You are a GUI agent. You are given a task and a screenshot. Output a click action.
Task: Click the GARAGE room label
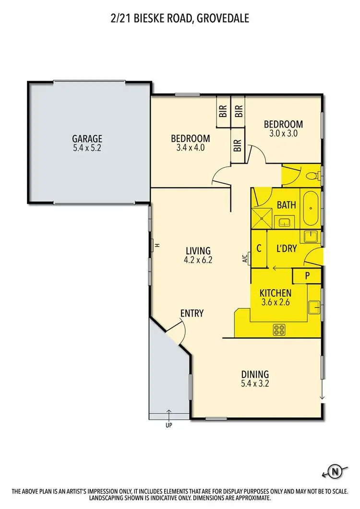(x=88, y=139)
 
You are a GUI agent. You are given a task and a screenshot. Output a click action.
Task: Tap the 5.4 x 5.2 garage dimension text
(x=88, y=148)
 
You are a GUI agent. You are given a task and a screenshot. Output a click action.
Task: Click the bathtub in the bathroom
(x=311, y=208)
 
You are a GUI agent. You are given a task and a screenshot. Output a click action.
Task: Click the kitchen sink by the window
(x=315, y=305)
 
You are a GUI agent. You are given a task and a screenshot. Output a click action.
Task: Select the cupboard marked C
(x=259, y=249)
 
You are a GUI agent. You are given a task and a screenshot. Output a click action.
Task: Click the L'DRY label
(x=287, y=249)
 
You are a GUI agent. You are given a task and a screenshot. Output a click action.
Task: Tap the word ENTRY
(x=192, y=313)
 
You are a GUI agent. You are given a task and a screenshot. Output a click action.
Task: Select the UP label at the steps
(x=169, y=425)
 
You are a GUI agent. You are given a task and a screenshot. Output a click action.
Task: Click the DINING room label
(x=255, y=374)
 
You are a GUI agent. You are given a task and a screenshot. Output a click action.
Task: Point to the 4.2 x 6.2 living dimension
(x=198, y=260)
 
